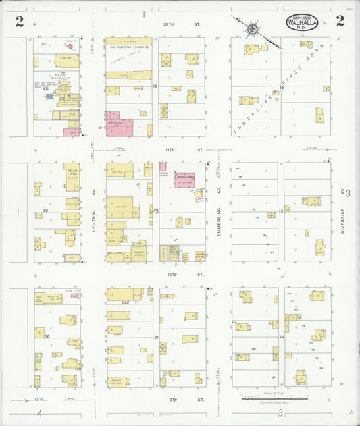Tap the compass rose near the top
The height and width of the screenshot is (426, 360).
click(251, 28)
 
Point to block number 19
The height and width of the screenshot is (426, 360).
click(155, 87)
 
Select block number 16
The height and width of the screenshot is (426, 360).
click(281, 87)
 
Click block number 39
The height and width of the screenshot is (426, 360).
click(45, 211)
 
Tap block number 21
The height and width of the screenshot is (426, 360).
click(155, 336)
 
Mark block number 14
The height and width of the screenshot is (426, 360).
click(281, 336)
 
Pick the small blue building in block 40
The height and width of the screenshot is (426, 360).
click(49, 97)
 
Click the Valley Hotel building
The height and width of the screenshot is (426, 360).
click(72, 172)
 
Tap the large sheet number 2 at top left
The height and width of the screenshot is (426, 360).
click(20, 22)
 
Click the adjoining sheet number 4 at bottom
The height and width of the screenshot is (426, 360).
click(40, 412)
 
